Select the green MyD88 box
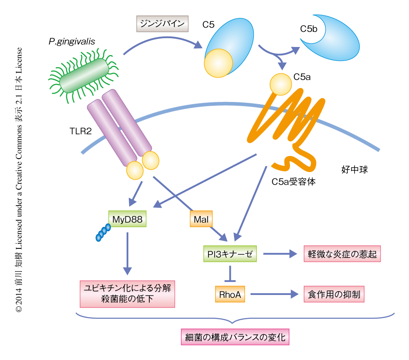[127, 219]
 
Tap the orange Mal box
[201, 219]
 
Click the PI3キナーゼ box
[230, 254]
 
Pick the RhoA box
[230, 295]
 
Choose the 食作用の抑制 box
[334, 294]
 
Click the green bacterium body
[83, 75]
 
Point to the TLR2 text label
[81, 130]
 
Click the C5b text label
[309, 29]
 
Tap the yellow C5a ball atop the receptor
[281, 84]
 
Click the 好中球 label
[355, 171]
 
